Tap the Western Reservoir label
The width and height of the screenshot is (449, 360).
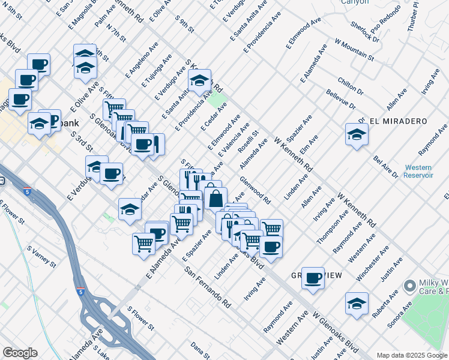[x=418, y=171]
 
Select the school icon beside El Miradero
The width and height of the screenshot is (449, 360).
[x=357, y=134]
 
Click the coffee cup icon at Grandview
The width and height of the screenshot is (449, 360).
[x=313, y=278]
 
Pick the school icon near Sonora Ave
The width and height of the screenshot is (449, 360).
[x=357, y=303]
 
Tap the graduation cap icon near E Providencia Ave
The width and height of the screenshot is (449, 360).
[x=199, y=80]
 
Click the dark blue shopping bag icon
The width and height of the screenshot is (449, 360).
[x=215, y=197]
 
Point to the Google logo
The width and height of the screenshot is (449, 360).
[x=20, y=353]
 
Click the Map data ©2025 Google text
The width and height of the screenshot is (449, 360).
[x=412, y=355]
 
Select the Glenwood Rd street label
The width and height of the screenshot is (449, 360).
[x=255, y=190]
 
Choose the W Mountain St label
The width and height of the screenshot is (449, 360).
[x=354, y=52]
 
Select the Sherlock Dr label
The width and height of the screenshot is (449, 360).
[x=366, y=34]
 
